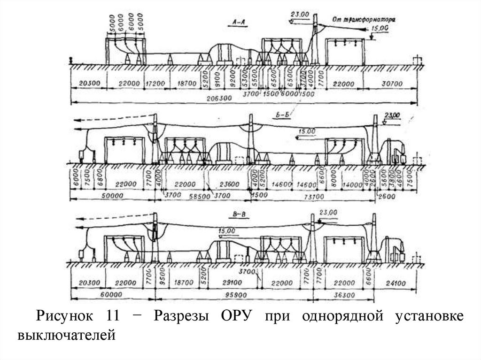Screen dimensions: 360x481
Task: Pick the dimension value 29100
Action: tap(231, 283)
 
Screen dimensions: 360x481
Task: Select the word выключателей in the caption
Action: tap(66, 335)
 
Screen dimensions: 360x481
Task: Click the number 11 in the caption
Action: tap(108, 316)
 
